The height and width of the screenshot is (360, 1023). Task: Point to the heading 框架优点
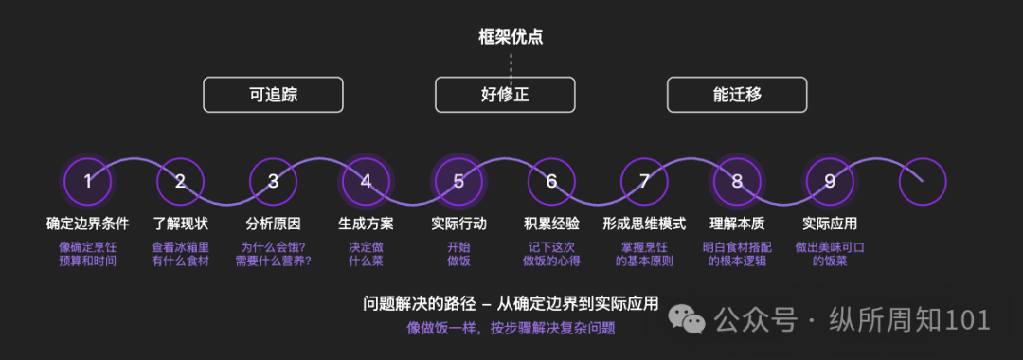point(511,37)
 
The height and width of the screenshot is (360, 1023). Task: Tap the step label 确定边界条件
point(87,225)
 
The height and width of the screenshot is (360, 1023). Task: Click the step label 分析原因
point(274,225)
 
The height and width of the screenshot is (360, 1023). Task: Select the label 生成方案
point(366,225)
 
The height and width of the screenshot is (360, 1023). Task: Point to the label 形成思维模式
point(645,225)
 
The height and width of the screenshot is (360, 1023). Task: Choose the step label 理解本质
point(737,225)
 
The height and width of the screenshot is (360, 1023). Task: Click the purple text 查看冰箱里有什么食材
point(181,255)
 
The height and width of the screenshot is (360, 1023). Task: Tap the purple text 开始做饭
point(458,255)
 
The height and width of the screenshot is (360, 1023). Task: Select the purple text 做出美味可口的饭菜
point(830,255)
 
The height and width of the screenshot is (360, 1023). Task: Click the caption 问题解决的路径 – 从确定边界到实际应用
point(511,304)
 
